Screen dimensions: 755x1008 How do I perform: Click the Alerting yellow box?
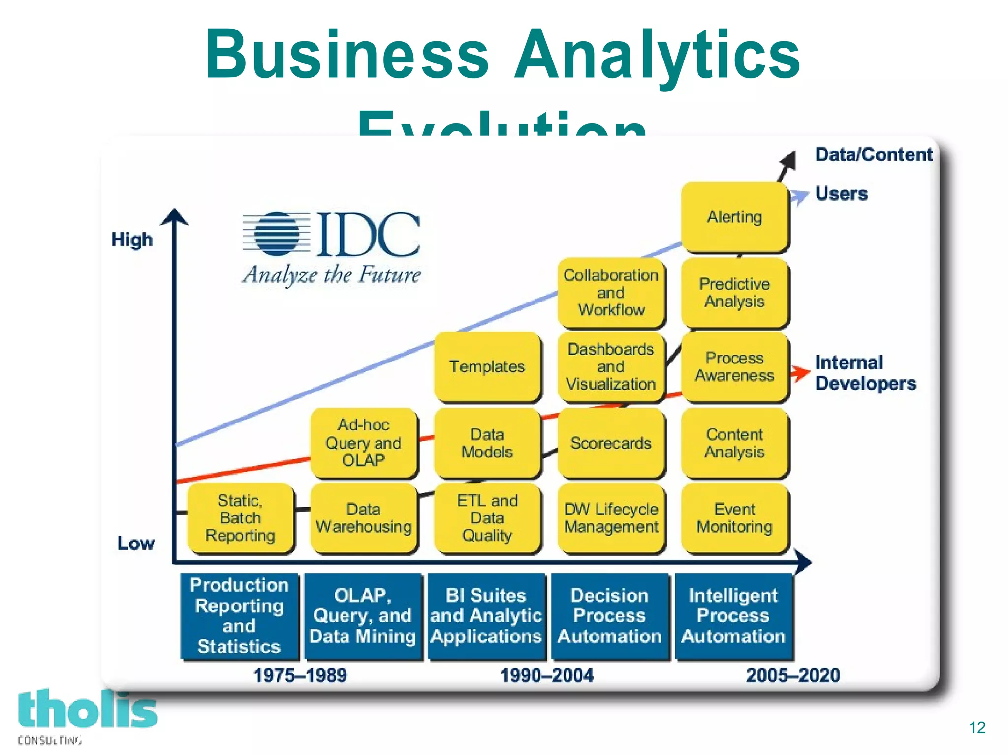734,217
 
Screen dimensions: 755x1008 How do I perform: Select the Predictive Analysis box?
734,293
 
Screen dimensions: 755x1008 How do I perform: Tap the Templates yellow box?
487,366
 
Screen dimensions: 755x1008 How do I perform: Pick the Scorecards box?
611,443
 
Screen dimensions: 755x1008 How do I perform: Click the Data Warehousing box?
364,518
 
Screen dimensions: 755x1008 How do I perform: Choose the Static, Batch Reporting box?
240,518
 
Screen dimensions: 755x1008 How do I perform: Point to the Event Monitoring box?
734,518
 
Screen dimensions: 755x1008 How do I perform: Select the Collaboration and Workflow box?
611,293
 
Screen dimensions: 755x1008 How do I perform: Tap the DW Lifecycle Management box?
611,518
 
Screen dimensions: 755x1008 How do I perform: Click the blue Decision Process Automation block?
610,616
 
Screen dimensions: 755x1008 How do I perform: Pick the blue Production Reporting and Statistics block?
239,616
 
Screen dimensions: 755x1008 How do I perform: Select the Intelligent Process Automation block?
733,616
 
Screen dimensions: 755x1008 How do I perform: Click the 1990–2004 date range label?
547,675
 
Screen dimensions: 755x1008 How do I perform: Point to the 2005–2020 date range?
793,675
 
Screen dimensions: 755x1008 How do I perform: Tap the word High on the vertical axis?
132,240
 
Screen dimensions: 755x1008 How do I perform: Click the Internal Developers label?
865,373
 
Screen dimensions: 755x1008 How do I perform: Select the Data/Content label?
874,154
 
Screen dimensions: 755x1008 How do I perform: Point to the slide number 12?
977,727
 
